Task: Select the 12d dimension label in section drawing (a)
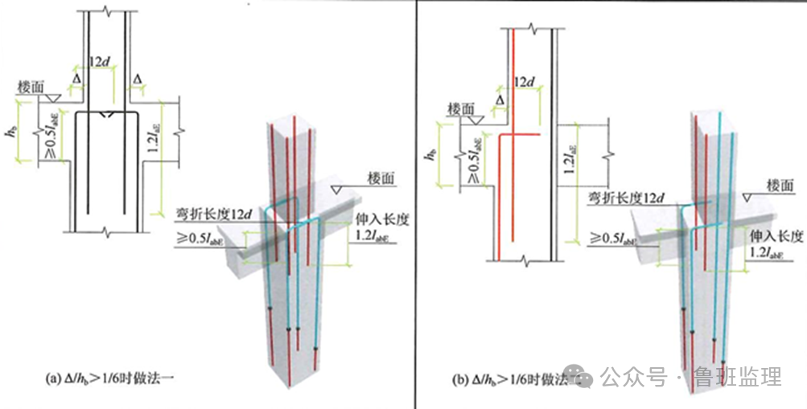point(100,61)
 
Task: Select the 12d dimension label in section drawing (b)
point(524,81)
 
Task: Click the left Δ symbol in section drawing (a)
point(77,80)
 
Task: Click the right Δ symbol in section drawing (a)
point(138,80)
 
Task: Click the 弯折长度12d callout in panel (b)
point(628,198)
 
